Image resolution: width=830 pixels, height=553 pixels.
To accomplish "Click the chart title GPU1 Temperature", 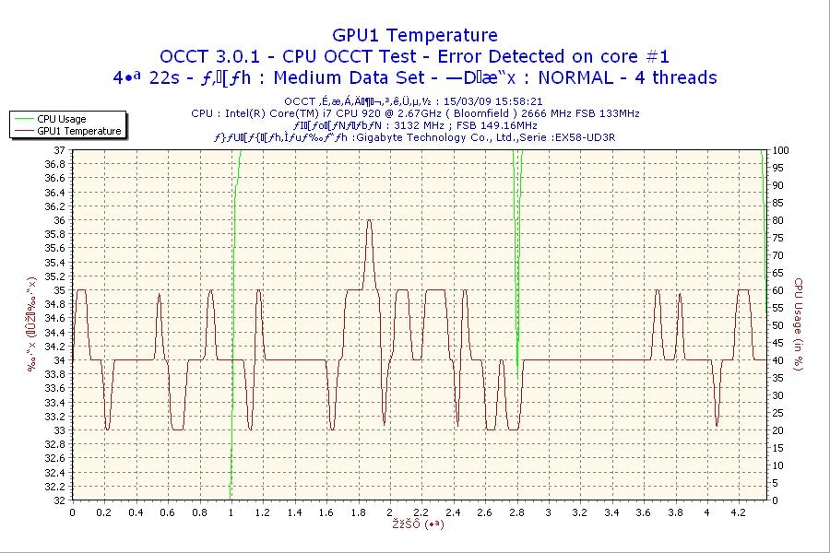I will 414,35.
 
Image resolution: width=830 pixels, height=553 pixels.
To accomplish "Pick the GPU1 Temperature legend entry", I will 78,131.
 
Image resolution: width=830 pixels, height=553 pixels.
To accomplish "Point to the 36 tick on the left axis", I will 60,220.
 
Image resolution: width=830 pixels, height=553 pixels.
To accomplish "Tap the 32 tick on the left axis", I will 60,500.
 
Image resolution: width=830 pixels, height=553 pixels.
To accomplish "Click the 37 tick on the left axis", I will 60,150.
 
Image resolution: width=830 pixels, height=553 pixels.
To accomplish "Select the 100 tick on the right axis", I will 779,150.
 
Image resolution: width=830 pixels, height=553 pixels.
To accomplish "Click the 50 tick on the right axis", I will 777,325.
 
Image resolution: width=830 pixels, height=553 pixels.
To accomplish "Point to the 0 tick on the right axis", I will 774,500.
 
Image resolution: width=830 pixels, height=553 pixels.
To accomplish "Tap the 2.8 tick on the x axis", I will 516,512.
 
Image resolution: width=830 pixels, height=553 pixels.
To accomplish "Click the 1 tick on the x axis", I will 231,512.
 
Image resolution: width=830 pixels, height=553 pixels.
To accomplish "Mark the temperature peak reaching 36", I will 369,220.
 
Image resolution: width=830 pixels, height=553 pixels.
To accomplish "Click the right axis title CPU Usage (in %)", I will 799,324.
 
